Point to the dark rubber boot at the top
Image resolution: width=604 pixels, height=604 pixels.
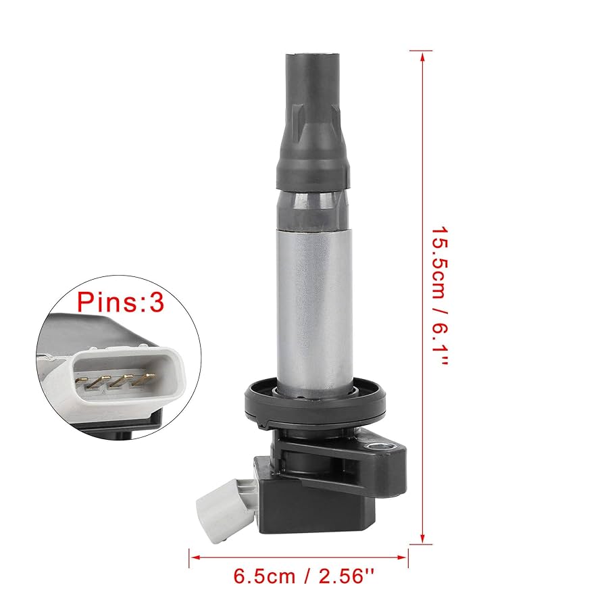click(313, 122)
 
